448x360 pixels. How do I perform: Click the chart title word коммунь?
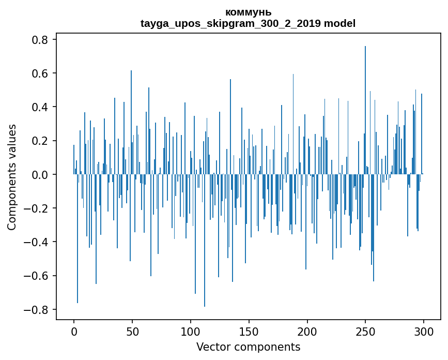click(248, 12)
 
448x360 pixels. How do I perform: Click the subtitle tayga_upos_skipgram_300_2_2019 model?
click(248, 23)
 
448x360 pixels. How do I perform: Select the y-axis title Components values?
click(12, 177)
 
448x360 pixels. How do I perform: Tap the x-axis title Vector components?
click(248, 347)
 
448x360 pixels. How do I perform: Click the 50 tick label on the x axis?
click(132, 331)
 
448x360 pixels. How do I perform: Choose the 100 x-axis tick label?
click(191, 331)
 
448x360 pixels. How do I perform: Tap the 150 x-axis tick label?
click(249, 331)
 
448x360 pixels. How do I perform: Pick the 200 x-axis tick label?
click(307, 331)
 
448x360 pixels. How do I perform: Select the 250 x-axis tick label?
click(365, 331)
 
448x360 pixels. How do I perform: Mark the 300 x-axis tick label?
click(424, 331)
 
